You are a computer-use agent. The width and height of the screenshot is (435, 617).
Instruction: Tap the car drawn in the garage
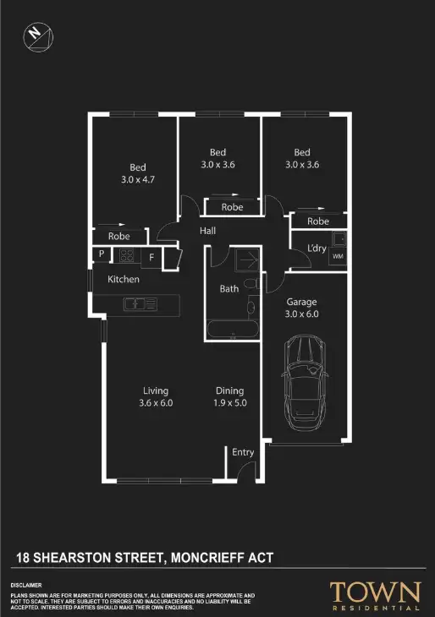click(x=304, y=381)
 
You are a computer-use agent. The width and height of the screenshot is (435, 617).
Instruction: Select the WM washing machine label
click(x=338, y=256)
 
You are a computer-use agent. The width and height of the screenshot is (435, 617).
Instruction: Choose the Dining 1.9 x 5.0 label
click(x=229, y=396)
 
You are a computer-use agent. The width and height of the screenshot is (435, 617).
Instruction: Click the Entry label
click(x=243, y=452)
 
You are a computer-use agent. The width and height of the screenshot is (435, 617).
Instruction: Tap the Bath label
click(x=229, y=288)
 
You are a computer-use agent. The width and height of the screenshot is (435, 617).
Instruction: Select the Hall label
click(x=209, y=231)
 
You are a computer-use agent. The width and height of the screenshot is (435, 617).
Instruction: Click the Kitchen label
click(x=124, y=279)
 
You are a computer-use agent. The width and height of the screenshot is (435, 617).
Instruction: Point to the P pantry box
click(x=101, y=254)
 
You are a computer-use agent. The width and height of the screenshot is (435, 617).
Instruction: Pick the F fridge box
click(x=151, y=256)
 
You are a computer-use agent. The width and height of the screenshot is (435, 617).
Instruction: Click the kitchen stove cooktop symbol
click(x=126, y=255)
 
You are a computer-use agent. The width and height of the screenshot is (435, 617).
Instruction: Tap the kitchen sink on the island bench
click(x=135, y=303)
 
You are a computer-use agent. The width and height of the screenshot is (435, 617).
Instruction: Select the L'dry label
click(x=317, y=248)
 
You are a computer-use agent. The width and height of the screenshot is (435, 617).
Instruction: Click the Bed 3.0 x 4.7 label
click(x=138, y=173)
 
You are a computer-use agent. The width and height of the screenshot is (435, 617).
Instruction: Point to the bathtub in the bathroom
click(x=232, y=329)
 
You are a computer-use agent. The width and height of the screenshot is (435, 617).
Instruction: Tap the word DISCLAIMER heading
click(x=26, y=585)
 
